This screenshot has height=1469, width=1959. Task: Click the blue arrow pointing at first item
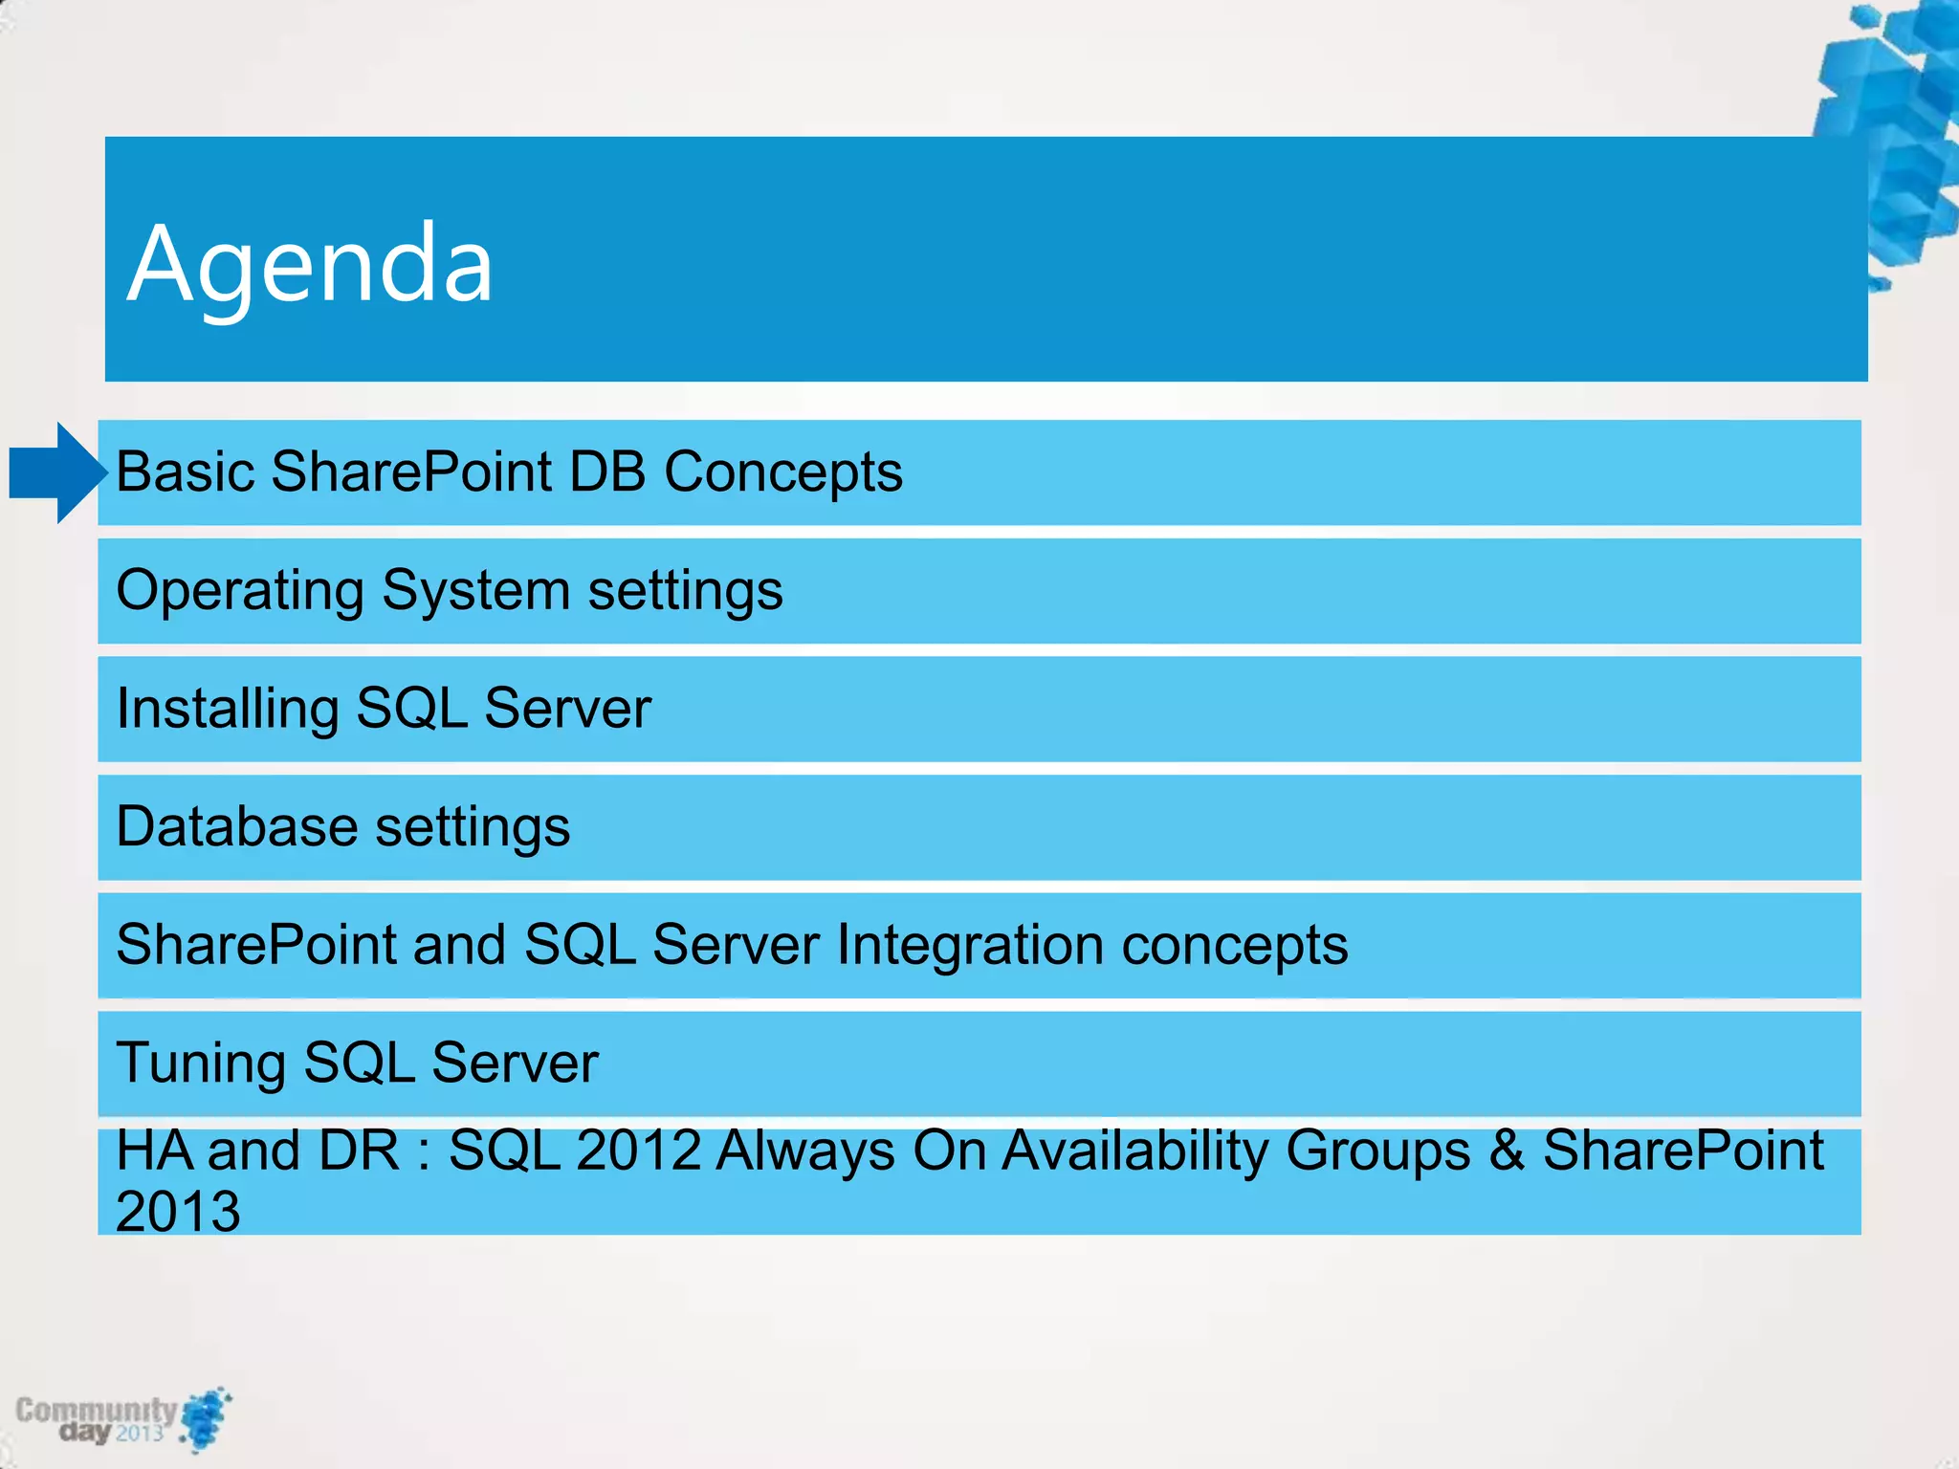57,472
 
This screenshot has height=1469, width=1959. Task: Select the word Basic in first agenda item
186,471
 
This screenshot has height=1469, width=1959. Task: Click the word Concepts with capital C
782,471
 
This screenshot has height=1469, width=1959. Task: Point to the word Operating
239,591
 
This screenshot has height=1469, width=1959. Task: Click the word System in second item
475,591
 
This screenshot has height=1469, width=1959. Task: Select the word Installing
227,710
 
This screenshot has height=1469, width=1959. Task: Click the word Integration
970,945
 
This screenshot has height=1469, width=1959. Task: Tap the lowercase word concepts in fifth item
1234,945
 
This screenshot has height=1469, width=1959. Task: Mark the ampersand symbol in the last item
1507,1150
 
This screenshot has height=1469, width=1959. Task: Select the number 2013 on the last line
178,1211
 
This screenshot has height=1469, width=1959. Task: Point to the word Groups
1377,1150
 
